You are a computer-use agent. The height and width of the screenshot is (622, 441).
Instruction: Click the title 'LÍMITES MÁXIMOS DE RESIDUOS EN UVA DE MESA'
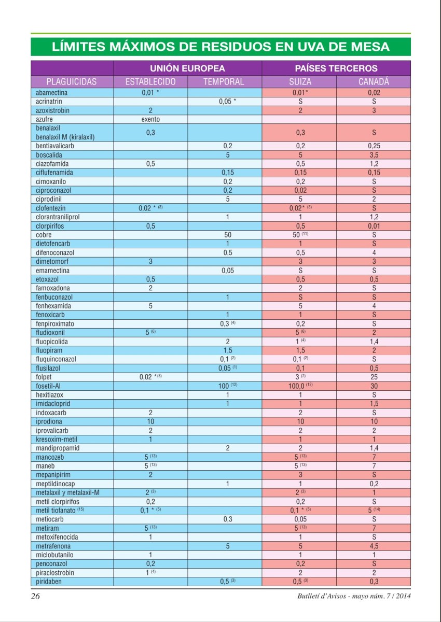[x=220, y=47]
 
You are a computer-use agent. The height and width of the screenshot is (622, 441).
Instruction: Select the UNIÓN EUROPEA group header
[x=187, y=68]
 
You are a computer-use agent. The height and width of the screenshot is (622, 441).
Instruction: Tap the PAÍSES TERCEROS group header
[x=336, y=68]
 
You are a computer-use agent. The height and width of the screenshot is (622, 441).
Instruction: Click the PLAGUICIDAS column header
[x=72, y=81]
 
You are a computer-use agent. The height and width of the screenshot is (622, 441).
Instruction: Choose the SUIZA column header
[x=299, y=81]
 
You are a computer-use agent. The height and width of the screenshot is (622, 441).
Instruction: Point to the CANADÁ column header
[x=374, y=81]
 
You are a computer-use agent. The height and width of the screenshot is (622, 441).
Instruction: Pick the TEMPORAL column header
[x=224, y=81]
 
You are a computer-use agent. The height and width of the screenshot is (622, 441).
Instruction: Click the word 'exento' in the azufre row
[x=150, y=119]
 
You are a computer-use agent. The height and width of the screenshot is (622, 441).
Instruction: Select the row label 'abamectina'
[x=52, y=93]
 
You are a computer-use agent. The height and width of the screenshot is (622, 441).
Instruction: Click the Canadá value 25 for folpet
[x=374, y=377]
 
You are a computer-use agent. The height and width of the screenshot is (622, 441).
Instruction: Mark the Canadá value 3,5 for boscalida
[x=374, y=155]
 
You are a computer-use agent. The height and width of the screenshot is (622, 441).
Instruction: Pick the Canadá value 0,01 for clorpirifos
[x=374, y=226]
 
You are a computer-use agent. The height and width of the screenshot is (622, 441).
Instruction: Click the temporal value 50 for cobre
[x=227, y=235]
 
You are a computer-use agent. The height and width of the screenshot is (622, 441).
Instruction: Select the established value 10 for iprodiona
[x=150, y=421]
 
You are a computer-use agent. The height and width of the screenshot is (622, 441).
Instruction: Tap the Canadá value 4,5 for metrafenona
[x=374, y=546]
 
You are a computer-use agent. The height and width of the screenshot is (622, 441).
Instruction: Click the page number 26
[x=35, y=596]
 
